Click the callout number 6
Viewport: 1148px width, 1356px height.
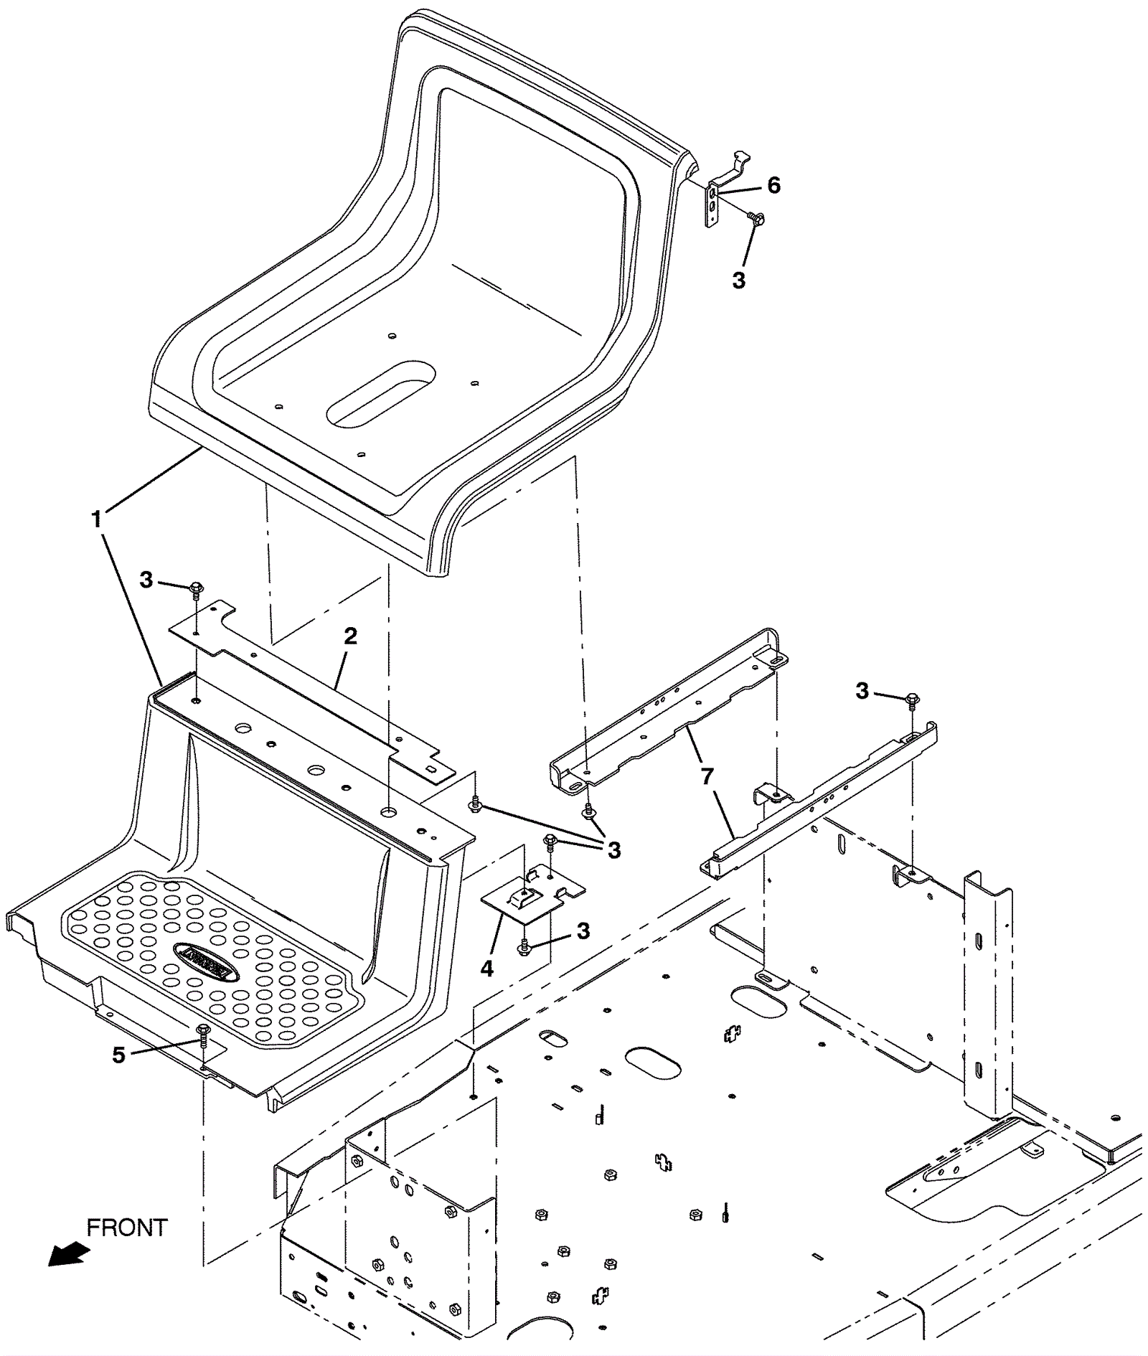click(773, 185)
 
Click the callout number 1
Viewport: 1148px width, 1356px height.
click(96, 518)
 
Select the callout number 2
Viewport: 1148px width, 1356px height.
click(349, 636)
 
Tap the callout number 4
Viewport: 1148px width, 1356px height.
click(487, 969)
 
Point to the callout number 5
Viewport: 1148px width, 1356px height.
click(118, 1055)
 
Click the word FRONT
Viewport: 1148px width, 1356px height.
click(127, 1228)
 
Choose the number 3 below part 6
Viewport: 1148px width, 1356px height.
click(739, 280)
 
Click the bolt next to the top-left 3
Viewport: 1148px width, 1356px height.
click(195, 590)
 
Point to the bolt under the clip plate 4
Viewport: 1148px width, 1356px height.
click(524, 948)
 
